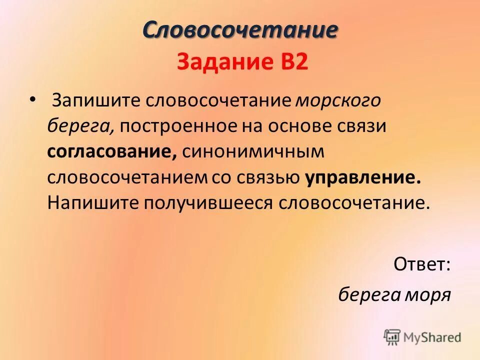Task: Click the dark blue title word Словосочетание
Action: [x=240, y=31]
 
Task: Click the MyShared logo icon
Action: [x=392, y=337]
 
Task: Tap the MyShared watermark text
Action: [x=432, y=337]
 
